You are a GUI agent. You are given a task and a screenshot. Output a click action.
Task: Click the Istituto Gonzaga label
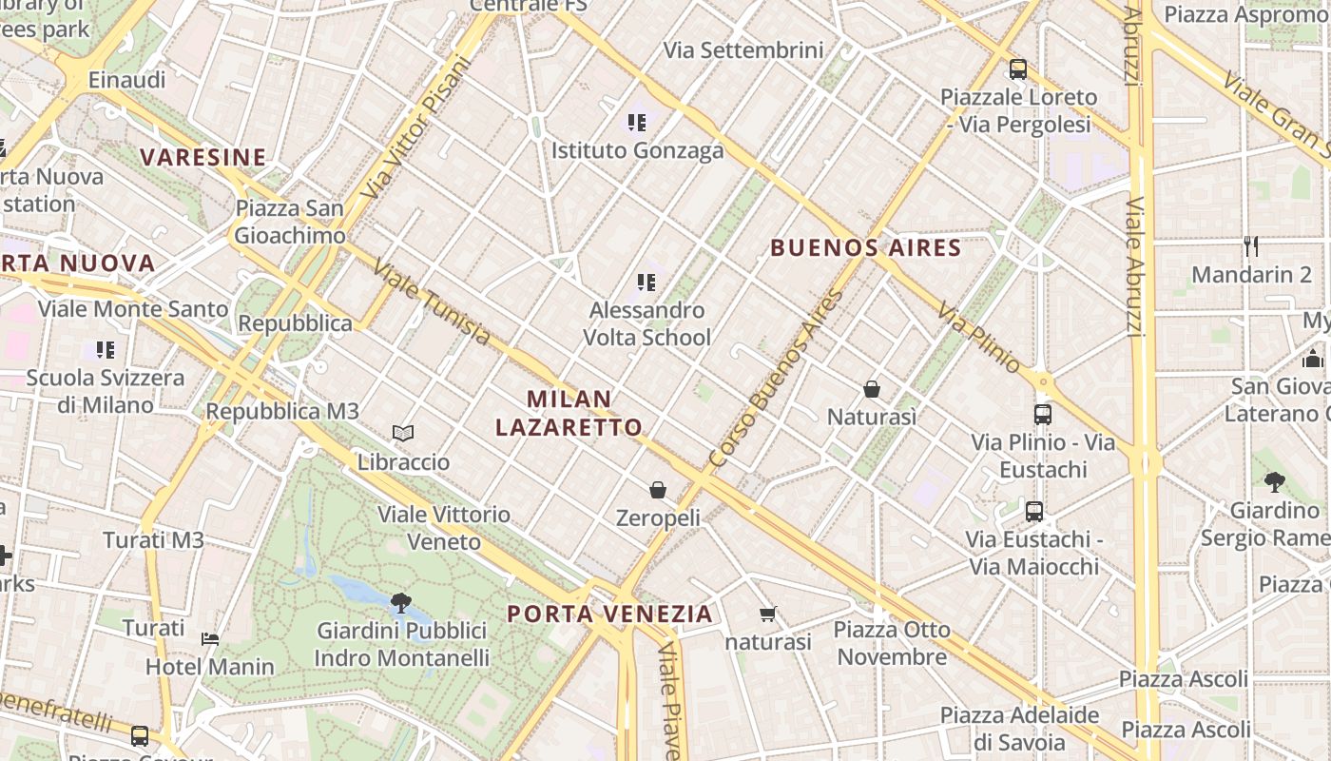[x=637, y=150]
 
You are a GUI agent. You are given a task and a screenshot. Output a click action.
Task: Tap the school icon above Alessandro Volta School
[x=646, y=282]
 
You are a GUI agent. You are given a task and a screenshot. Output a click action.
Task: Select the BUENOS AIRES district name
[x=865, y=248]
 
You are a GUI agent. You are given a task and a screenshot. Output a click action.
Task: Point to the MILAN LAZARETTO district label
[x=569, y=413]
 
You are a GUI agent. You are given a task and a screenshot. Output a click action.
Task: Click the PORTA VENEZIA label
[x=609, y=614]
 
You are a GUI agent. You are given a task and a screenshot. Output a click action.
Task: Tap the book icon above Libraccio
[x=403, y=434]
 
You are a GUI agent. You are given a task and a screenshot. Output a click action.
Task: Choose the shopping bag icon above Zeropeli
[x=658, y=490]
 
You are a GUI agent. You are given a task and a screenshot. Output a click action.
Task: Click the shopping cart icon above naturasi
[x=768, y=614]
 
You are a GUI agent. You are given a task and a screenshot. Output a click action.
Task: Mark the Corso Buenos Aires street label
[x=776, y=380]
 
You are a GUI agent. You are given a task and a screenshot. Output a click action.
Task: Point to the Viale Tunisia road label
[x=432, y=302]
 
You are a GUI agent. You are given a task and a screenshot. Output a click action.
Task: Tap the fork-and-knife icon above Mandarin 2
[x=1251, y=246]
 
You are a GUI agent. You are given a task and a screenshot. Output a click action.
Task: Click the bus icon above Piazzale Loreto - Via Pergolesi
[x=1018, y=68]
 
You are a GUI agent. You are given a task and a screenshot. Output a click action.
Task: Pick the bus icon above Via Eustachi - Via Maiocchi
[x=1034, y=511]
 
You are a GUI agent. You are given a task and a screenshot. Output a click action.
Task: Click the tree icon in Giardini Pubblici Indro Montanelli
[x=401, y=602]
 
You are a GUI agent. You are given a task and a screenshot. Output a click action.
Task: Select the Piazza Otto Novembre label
[x=892, y=643]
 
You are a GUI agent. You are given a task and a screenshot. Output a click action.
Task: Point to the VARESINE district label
[x=203, y=157]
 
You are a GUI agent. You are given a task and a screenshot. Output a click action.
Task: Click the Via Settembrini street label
[x=743, y=50]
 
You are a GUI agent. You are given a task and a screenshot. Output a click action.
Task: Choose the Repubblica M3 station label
[x=282, y=411]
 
